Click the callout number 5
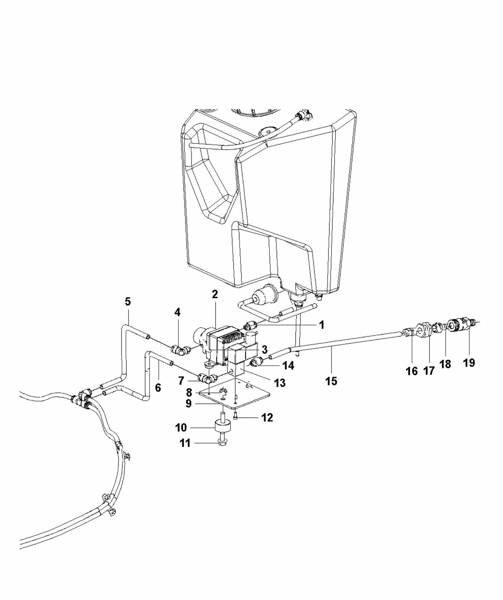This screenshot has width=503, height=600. tap(128, 302)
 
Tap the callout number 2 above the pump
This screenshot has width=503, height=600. tap(215, 294)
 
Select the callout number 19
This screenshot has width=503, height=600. tap(469, 363)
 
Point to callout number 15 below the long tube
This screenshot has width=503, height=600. tap(331, 381)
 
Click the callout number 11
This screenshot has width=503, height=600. tap(185, 443)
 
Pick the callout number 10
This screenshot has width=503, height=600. tap(181, 427)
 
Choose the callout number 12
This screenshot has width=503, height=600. tap(267, 417)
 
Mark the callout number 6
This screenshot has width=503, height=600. tap(158, 388)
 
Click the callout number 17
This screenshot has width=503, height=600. tap(429, 371)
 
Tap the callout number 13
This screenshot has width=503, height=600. tap(280, 383)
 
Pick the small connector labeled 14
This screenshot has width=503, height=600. tap(258, 361)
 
